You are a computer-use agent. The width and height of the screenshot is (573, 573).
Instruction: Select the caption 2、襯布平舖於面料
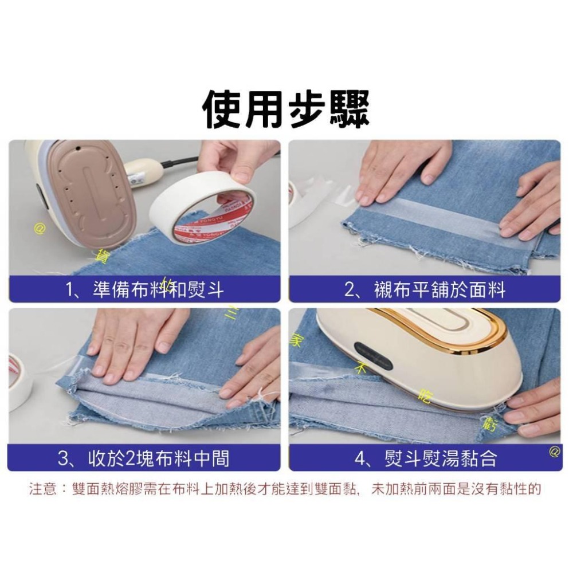point(425,290)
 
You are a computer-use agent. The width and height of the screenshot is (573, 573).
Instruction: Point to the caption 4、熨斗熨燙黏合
point(425,458)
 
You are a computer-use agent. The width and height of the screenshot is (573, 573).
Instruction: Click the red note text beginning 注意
point(285,489)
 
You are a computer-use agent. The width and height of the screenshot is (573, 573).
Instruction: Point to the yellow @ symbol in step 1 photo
point(40,229)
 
